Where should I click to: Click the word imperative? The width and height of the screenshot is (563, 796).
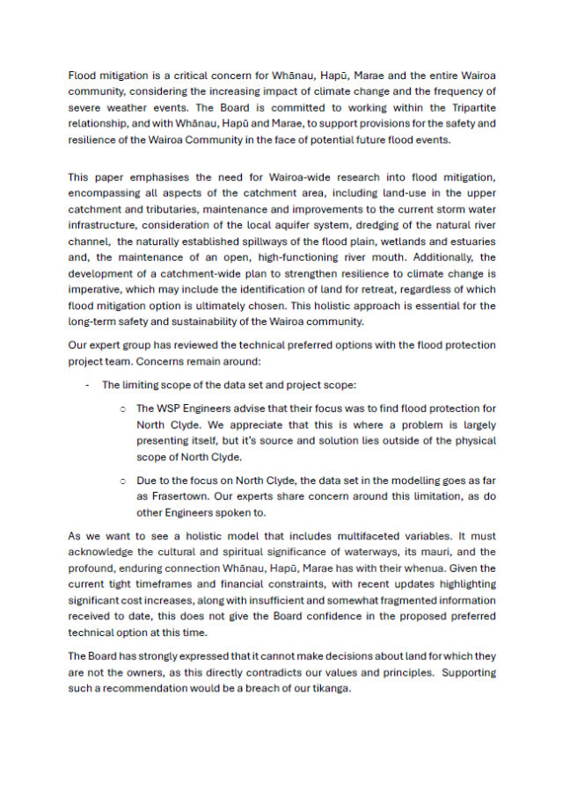click(x=95, y=290)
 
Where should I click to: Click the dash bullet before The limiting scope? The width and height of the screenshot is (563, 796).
click(x=87, y=385)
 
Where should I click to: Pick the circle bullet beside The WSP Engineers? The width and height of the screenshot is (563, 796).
click(x=122, y=409)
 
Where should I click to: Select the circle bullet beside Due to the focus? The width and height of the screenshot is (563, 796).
click(x=122, y=481)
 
